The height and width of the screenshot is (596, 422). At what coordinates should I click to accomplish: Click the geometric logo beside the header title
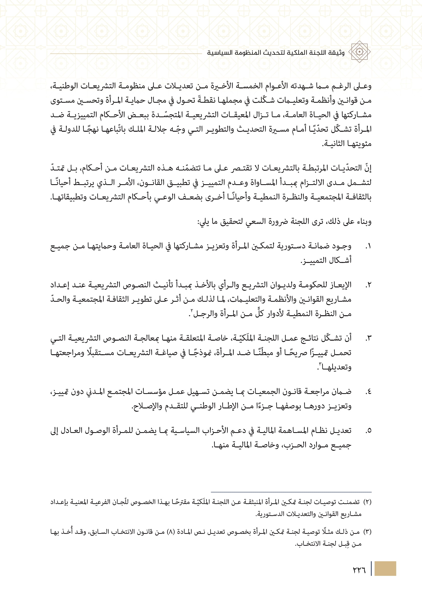click(359, 52)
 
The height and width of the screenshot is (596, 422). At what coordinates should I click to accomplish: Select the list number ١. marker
click(368, 246)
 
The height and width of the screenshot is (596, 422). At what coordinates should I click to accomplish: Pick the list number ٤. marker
click(368, 392)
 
